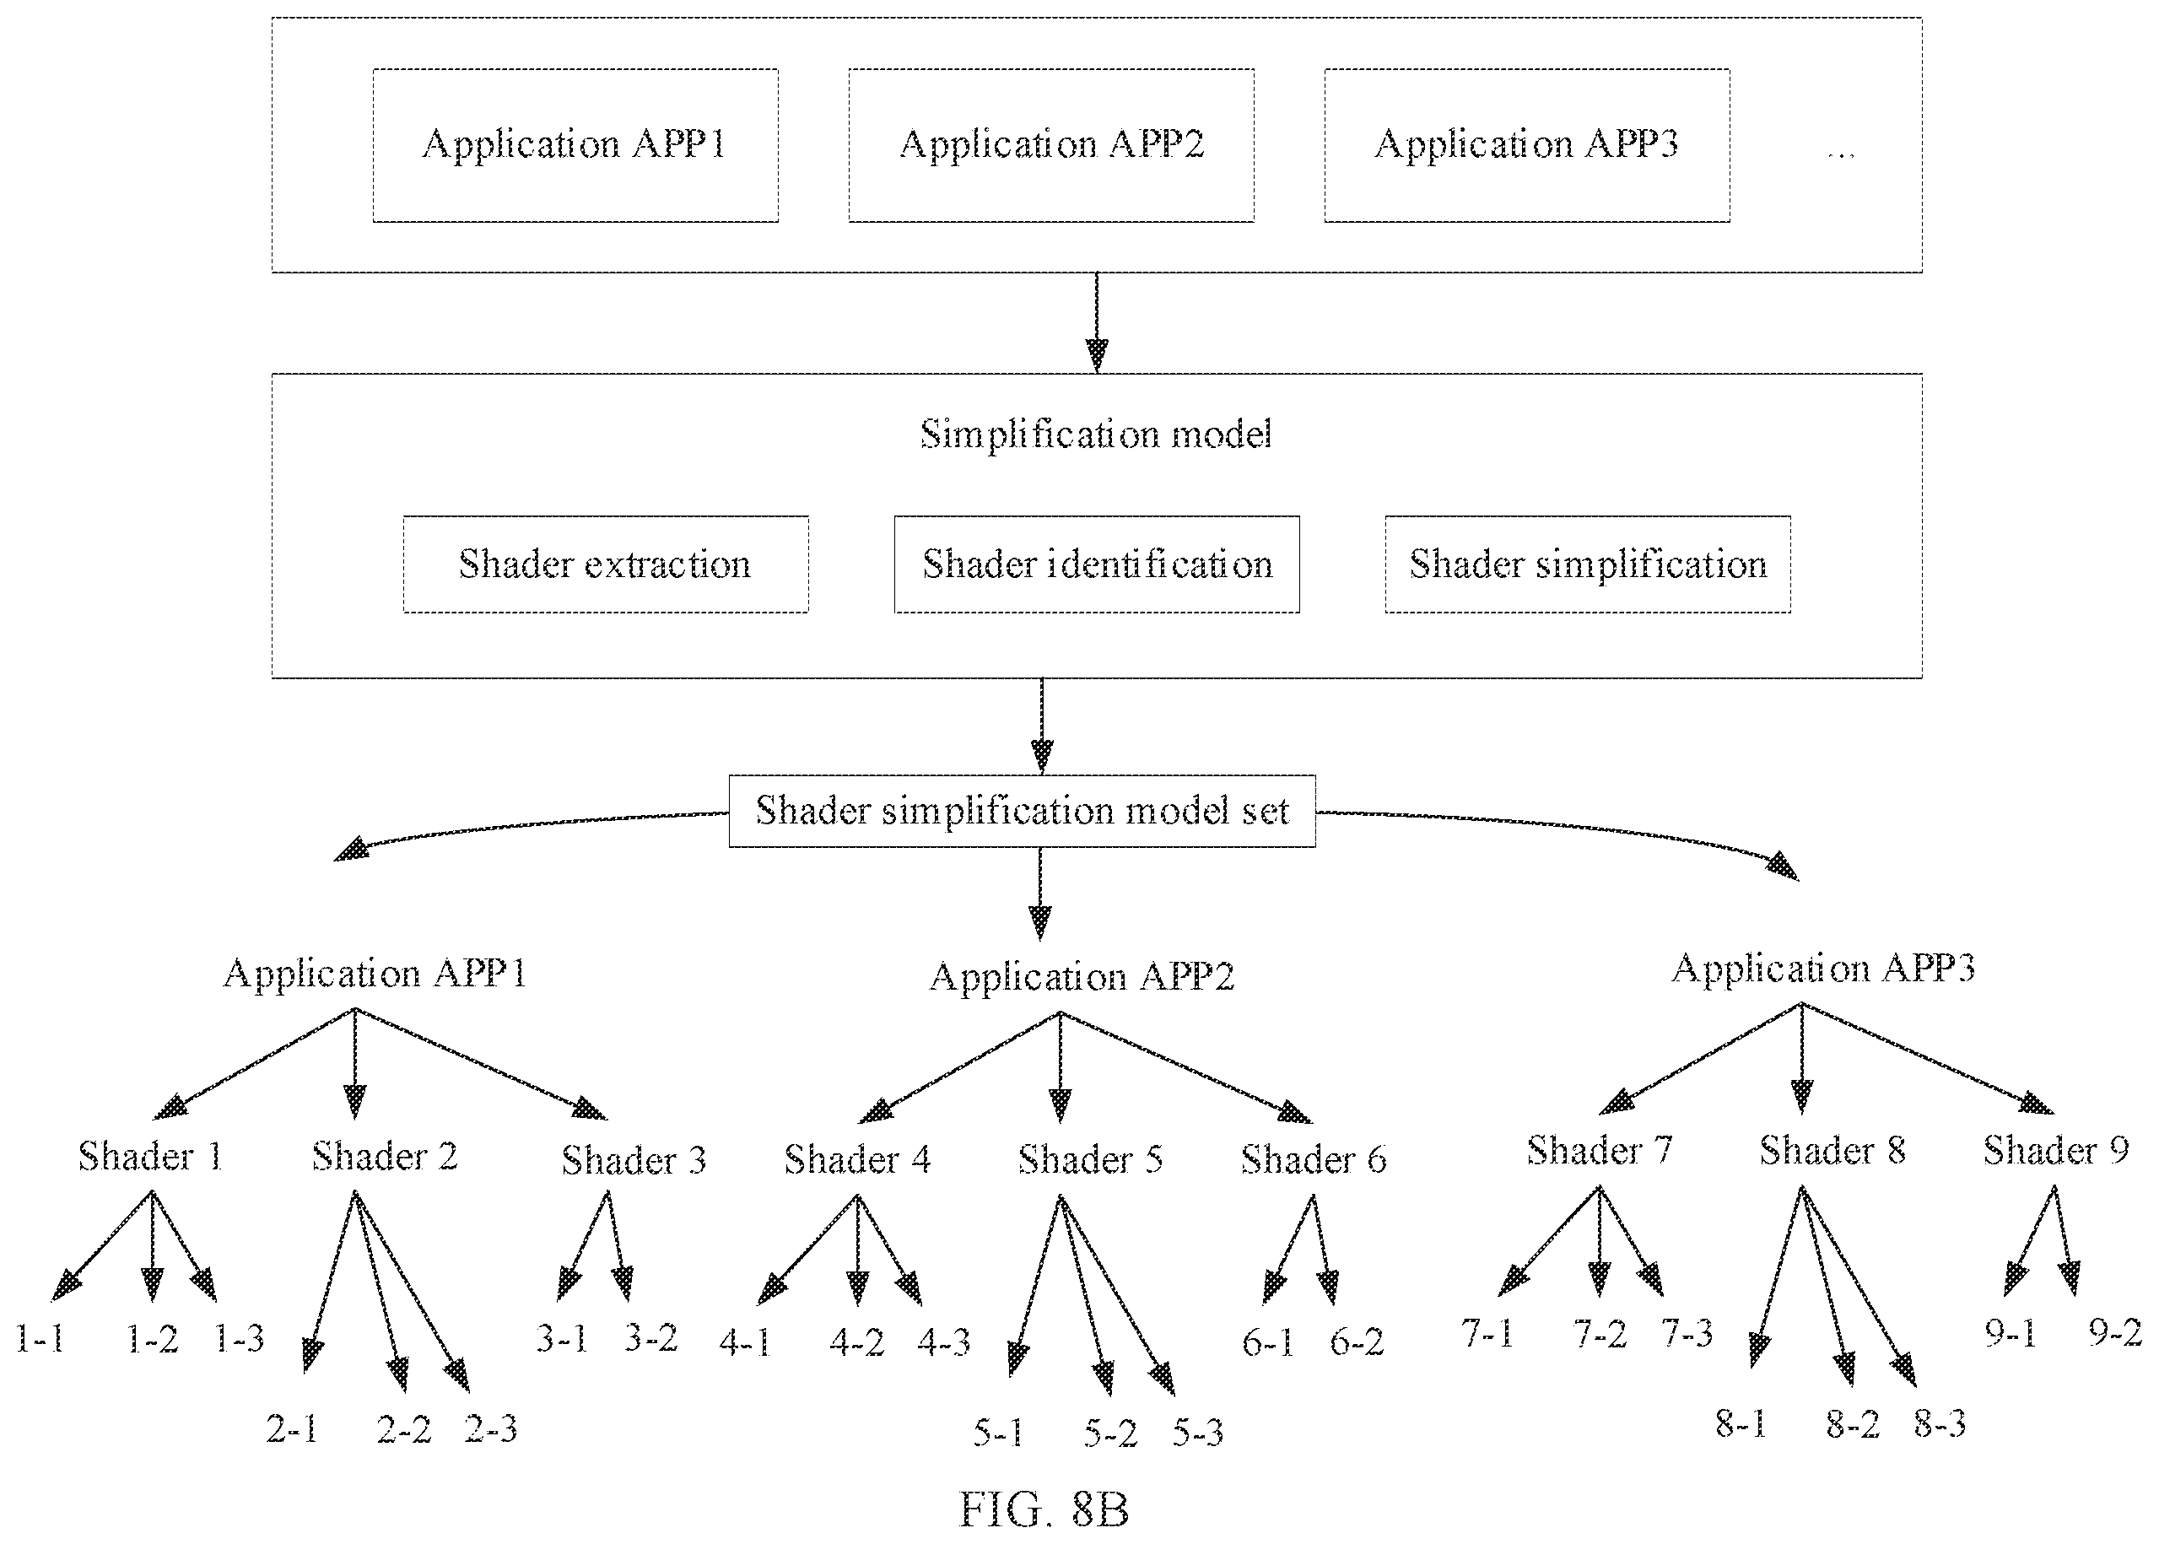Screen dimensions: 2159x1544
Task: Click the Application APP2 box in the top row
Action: (x=1050, y=145)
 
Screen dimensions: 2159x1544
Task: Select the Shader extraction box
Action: (x=606, y=564)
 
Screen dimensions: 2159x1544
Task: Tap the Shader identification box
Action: (x=1096, y=564)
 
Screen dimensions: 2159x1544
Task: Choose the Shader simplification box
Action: (x=1588, y=564)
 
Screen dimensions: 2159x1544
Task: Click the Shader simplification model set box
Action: (x=1022, y=811)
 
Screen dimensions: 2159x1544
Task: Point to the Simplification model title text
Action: (x=1095, y=435)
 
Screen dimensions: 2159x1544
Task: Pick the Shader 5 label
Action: (x=1090, y=1159)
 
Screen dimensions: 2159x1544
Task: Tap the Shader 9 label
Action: (x=2055, y=1150)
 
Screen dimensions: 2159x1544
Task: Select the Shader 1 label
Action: (x=150, y=1156)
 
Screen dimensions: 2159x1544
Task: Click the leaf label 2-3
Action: (x=490, y=1429)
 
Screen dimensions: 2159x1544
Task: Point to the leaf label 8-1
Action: (x=1741, y=1424)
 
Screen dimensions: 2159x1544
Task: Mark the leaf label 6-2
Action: (x=1357, y=1342)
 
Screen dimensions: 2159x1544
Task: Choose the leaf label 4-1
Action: (x=744, y=1342)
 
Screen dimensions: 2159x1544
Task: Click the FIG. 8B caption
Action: (x=1043, y=1509)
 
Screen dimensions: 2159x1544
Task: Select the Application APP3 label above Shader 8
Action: (x=1823, y=969)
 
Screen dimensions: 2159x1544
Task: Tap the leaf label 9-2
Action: (x=2115, y=1333)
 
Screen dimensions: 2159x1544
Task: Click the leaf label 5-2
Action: (x=1110, y=1433)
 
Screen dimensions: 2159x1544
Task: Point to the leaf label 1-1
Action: (x=40, y=1339)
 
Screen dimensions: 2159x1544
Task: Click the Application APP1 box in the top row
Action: (x=575, y=145)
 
